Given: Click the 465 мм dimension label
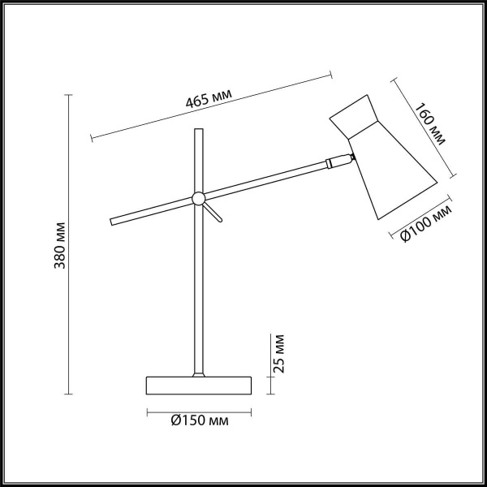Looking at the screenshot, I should tap(209, 98).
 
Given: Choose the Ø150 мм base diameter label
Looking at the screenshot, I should tap(199, 420).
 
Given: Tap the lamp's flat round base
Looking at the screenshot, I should tap(199, 385).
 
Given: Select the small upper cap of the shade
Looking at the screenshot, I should tap(351, 116).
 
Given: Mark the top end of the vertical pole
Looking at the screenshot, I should tap(197, 131).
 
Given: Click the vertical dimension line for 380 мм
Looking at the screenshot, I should tap(68, 244).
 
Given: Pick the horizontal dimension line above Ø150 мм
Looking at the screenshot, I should tap(199, 410).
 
